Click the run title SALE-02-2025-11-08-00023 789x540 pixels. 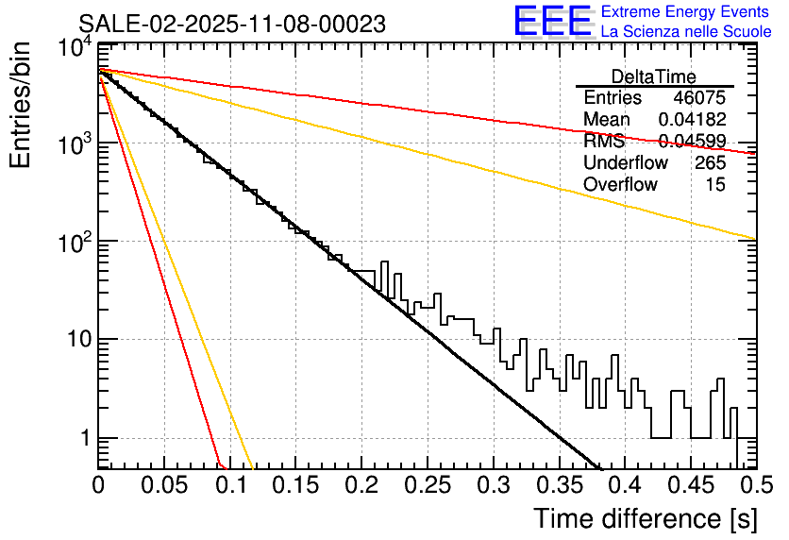(231, 25)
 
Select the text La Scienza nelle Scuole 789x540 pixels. (686, 31)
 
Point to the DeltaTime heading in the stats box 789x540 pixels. (654, 76)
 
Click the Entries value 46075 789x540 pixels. (699, 98)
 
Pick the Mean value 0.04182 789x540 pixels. (692, 120)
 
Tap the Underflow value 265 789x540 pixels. (710, 163)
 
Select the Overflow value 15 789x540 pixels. (715, 185)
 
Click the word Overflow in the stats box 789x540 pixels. (620, 185)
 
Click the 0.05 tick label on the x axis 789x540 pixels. (164, 486)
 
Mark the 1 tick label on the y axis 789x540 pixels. (83, 439)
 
